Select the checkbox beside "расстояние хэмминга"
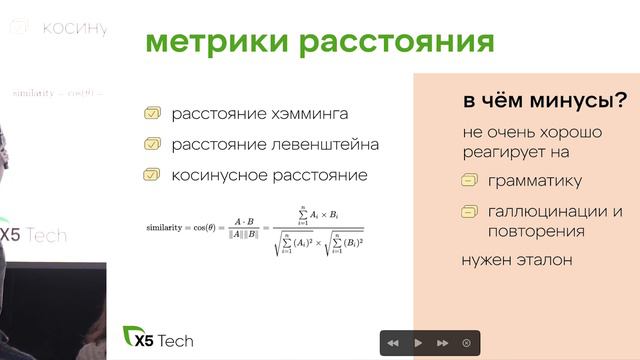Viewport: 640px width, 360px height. (x=152, y=114)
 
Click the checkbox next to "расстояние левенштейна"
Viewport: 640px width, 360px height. (x=152, y=145)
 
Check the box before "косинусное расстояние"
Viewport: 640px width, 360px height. (x=152, y=175)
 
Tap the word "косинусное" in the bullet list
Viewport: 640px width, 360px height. (x=220, y=175)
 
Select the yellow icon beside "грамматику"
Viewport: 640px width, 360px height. (x=469, y=182)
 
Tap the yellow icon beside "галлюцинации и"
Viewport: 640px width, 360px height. (x=469, y=212)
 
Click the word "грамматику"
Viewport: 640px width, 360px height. (x=535, y=182)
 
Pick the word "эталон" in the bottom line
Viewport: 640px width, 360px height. (x=546, y=260)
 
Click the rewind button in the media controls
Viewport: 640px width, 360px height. (x=393, y=343)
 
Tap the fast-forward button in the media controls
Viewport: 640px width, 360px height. (x=442, y=343)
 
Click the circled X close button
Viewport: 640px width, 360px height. (x=466, y=343)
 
